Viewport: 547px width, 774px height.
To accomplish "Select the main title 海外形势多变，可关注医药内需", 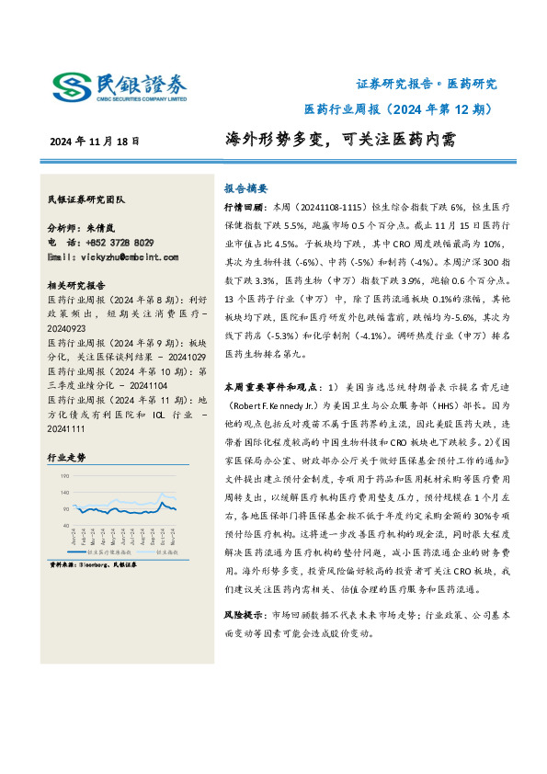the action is click(x=340, y=141).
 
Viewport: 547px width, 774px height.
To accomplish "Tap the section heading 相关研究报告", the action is click(x=76, y=285).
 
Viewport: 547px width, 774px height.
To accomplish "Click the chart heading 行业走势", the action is click(x=65, y=456).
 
